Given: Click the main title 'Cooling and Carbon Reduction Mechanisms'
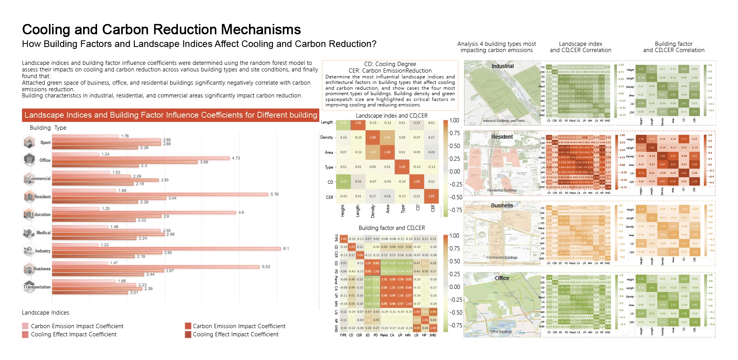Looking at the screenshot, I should [x=161, y=30].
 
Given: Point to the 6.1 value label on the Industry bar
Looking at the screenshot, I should [x=286, y=249].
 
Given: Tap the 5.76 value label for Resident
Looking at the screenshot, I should [x=274, y=194].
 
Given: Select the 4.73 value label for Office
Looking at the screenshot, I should [x=236, y=158].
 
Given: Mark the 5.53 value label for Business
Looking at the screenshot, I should [x=266, y=267].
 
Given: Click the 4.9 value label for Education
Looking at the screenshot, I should [x=241, y=212].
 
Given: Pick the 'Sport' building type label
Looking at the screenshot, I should [x=45, y=143].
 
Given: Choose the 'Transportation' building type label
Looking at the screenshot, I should [x=37, y=287].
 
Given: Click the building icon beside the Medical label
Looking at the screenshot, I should [x=29, y=233].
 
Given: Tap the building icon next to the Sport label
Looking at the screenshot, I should [x=29, y=142].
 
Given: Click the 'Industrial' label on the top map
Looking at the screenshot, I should [x=503, y=66].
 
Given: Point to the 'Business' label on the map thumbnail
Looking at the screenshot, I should [x=502, y=205].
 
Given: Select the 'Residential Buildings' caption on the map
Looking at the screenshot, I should [x=502, y=190].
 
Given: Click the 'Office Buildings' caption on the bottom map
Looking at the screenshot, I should [x=501, y=332].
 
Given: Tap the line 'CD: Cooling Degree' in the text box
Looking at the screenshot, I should [x=390, y=64].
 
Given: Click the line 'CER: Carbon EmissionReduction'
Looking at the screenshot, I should [x=390, y=71].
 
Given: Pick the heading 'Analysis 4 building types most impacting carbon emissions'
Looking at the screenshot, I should [x=496, y=47].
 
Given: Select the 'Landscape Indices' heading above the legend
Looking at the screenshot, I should [x=45, y=313].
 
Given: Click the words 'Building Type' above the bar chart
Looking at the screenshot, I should [x=48, y=128].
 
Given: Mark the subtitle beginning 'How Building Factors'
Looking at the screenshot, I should [x=199, y=44].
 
